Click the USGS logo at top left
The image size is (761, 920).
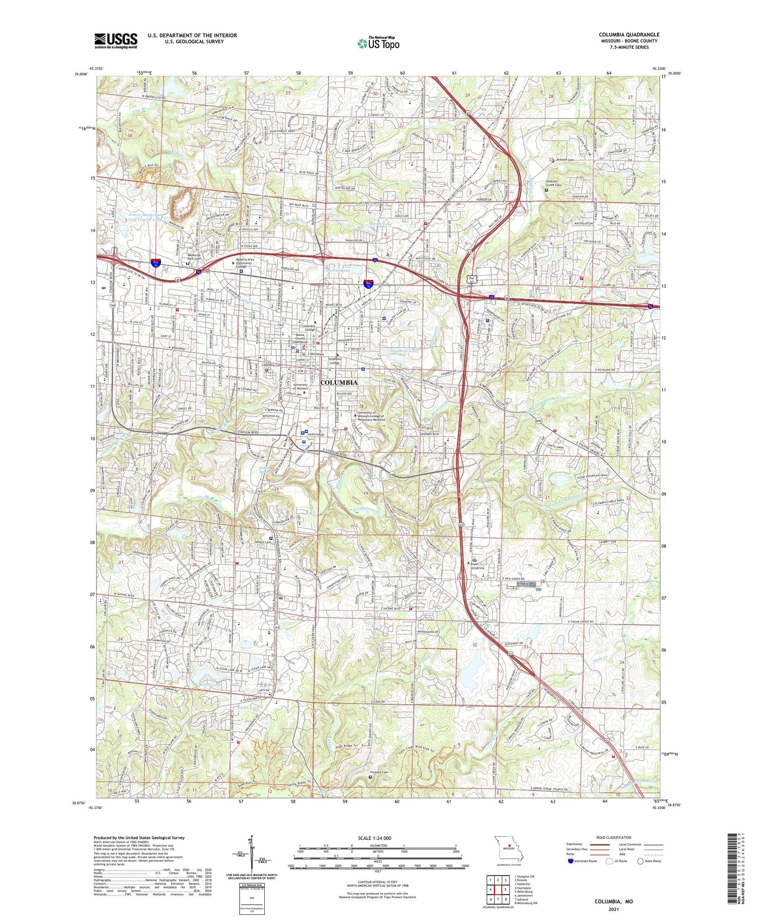[x=116, y=41]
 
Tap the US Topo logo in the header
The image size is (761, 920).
[x=378, y=44]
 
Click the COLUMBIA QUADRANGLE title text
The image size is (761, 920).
[x=629, y=35]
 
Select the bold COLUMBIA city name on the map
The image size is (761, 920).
[x=339, y=383]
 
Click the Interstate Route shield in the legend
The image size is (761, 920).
[x=571, y=861]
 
